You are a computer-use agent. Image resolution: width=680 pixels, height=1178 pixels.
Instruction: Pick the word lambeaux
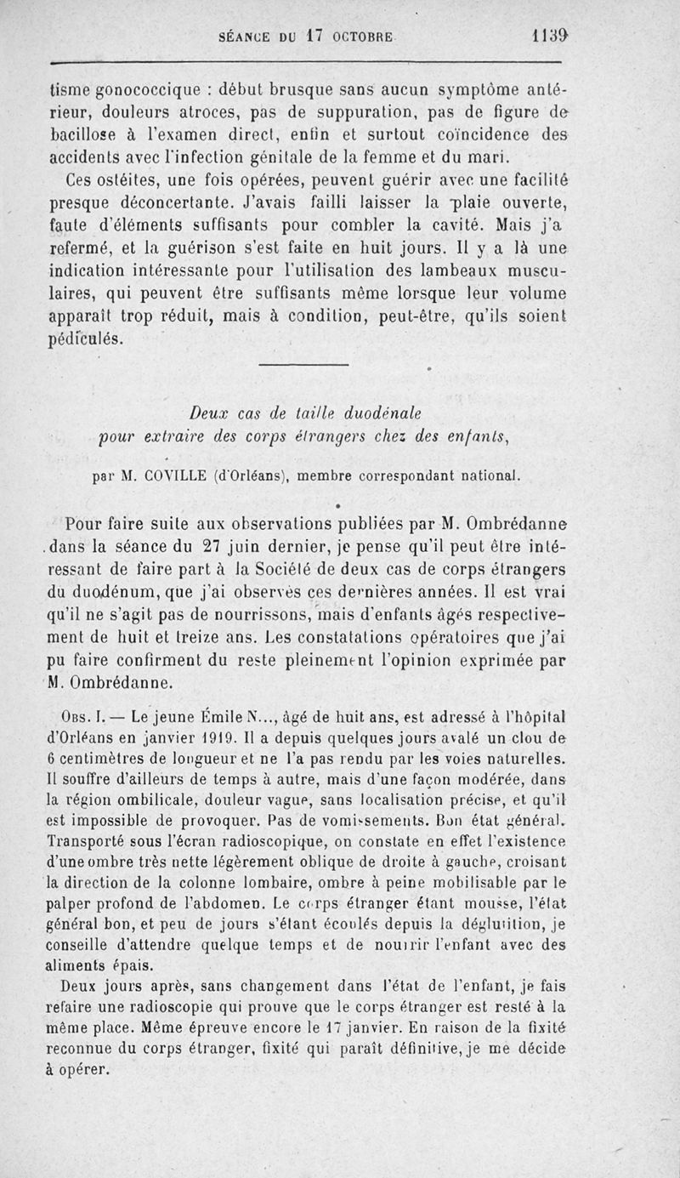pos(491,272)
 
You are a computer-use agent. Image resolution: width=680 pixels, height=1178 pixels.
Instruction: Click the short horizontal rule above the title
pos(303,367)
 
